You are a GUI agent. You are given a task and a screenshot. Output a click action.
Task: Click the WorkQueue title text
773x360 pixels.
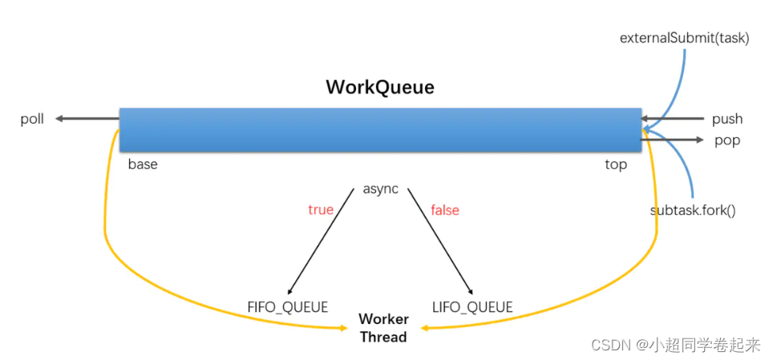click(x=379, y=87)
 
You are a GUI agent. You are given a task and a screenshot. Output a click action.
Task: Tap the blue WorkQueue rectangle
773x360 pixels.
click(x=380, y=129)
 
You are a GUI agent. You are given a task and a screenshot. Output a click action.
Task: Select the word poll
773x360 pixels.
click(x=32, y=119)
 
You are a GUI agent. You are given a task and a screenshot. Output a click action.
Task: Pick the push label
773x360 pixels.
click(x=727, y=119)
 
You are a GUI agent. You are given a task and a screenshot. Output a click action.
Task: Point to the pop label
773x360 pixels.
click(x=727, y=140)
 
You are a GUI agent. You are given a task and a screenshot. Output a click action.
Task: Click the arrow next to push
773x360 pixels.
click(x=674, y=119)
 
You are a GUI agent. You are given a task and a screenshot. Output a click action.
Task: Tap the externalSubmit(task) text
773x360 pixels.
click(x=684, y=38)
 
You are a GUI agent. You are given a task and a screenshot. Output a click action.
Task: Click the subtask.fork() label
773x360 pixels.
click(x=693, y=211)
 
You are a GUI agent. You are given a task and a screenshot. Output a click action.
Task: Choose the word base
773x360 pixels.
click(x=143, y=164)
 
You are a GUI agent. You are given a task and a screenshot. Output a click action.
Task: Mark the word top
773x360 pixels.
click(x=616, y=164)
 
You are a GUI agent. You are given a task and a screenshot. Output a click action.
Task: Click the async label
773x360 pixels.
click(x=381, y=189)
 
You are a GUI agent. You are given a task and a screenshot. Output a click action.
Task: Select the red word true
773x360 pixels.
click(x=320, y=209)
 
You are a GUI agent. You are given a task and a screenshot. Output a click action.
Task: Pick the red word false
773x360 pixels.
click(x=445, y=209)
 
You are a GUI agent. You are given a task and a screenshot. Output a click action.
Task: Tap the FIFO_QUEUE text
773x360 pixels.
click(x=287, y=306)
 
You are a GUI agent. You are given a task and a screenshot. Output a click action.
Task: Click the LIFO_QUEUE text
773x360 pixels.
click(x=471, y=306)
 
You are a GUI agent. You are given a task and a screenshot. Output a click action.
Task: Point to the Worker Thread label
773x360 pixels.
click(x=383, y=328)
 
